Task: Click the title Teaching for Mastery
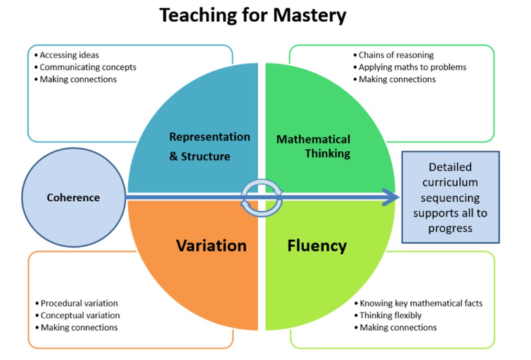click(252, 15)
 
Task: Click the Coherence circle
click(73, 198)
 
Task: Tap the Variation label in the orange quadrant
click(211, 245)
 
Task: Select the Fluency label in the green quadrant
click(317, 246)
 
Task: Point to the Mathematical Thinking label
click(313, 146)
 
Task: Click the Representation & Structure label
click(210, 146)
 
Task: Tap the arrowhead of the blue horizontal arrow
click(391, 198)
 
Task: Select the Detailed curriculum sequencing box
click(450, 198)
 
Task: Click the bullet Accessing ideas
click(67, 55)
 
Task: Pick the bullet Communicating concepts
click(85, 67)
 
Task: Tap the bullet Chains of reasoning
click(394, 55)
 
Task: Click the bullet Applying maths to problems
click(410, 67)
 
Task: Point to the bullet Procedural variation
click(77, 303)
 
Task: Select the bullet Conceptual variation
click(77, 315)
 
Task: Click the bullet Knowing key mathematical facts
click(418, 303)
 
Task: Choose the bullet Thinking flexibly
click(388, 315)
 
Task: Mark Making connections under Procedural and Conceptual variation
click(77, 328)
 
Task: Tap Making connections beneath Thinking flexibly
click(395, 328)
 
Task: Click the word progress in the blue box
click(450, 229)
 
